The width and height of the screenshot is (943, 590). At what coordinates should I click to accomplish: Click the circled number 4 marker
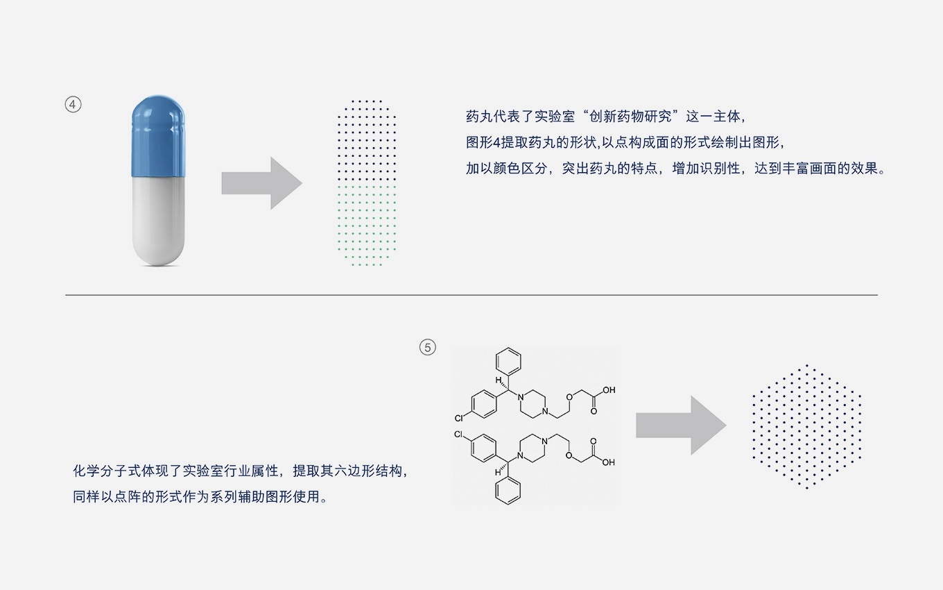pyautogui.click(x=73, y=105)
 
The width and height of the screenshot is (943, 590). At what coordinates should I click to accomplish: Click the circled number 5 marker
pyautogui.click(x=428, y=347)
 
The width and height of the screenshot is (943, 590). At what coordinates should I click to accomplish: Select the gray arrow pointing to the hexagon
pyautogui.click(x=680, y=425)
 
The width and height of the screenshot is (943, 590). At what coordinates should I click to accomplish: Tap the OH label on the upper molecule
pyautogui.click(x=608, y=390)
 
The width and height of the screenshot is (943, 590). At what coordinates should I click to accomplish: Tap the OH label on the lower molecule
pyautogui.click(x=608, y=462)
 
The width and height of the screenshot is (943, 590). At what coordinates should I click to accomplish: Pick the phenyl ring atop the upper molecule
pyautogui.click(x=508, y=362)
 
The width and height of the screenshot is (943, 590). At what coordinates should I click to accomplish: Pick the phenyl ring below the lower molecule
pyautogui.click(x=508, y=491)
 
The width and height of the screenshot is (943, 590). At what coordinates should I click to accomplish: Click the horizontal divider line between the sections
pyautogui.click(x=471, y=295)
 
